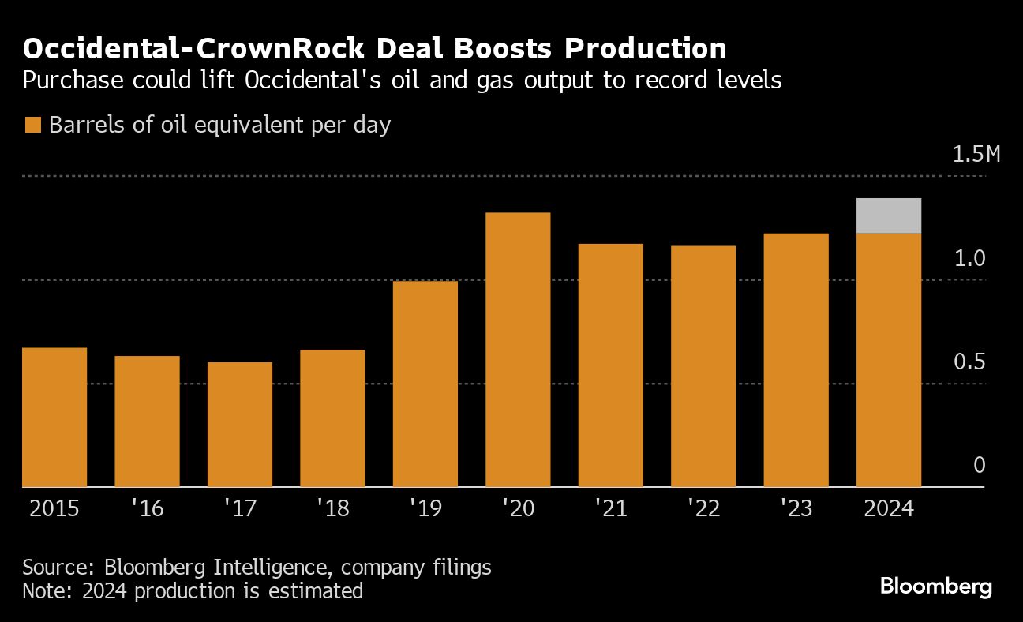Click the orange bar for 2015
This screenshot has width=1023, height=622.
(54, 418)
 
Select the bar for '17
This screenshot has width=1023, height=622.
(240, 425)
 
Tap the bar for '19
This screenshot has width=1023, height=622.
(425, 384)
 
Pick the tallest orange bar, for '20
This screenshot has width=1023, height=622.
(518, 350)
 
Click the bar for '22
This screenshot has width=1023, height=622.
(703, 366)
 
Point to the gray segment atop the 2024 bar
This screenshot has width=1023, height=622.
(889, 215)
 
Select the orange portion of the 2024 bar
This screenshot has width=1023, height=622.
(889, 360)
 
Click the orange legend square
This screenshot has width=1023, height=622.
(32, 126)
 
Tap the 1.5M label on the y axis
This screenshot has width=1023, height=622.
(976, 154)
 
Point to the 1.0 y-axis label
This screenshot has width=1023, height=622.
(969, 258)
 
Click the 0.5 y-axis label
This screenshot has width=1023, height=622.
(969, 362)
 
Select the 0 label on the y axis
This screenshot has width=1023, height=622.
(980, 466)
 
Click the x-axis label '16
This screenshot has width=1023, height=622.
(147, 508)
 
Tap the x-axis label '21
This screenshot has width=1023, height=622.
(611, 508)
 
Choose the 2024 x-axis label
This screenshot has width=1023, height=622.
(889, 508)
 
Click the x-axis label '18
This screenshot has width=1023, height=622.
(332, 508)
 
